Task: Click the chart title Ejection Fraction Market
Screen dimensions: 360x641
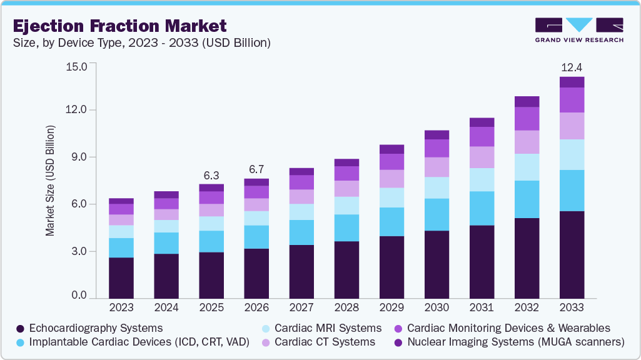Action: click(x=119, y=26)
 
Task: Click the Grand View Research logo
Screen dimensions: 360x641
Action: click(x=579, y=30)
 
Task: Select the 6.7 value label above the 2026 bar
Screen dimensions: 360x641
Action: click(x=256, y=169)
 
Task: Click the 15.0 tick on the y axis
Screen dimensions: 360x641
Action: click(x=79, y=66)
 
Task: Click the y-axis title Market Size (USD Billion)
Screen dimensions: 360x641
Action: click(x=49, y=181)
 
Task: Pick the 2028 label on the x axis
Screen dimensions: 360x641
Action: click(x=346, y=308)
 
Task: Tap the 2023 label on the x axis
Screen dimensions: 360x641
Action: click(x=121, y=308)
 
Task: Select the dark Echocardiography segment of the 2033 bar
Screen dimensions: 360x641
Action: click(x=572, y=255)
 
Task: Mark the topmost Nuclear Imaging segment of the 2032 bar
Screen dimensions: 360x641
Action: click(x=527, y=102)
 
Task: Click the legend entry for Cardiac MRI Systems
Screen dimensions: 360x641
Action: click(x=322, y=327)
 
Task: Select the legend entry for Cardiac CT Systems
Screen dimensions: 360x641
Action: click(x=319, y=342)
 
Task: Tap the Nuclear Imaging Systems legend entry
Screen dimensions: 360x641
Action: click(x=509, y=342)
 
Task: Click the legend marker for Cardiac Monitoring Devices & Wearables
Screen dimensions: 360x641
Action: click(x=397, y=327)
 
